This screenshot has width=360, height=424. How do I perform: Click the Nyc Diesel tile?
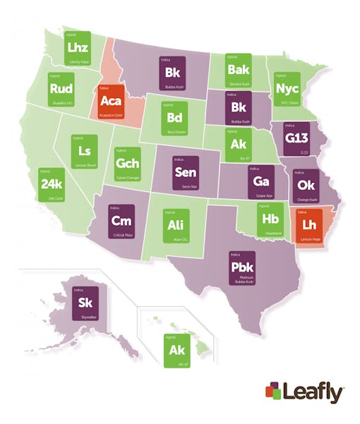287,90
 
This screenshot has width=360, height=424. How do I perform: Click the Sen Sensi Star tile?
186,173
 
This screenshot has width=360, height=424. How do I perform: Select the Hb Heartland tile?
268,220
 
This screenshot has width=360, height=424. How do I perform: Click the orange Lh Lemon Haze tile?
308,226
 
